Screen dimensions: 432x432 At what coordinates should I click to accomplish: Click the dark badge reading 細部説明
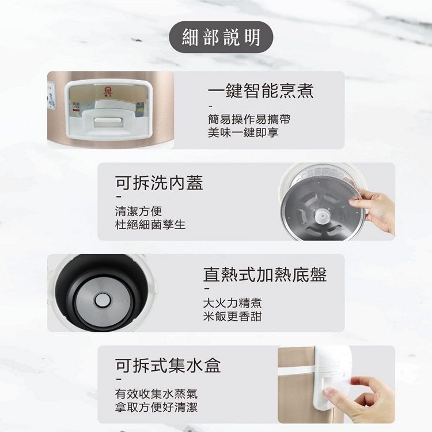[x=221, y=37]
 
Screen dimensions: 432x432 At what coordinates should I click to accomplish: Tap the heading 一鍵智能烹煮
[x=260, y=90]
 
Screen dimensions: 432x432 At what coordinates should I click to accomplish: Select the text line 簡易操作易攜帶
[x=249, y=119]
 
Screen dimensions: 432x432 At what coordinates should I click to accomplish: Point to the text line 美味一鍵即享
[x=243, y=132]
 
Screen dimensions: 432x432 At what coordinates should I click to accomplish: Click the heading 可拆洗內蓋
[x=159, y=183]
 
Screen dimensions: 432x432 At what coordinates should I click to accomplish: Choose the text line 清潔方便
[x=138, y=211]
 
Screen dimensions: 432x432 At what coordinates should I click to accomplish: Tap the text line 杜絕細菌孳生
[x=150, y=225]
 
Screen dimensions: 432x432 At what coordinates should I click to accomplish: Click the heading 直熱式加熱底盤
[x=265, y=274]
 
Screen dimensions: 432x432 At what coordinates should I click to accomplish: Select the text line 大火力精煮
[x=232, y=303]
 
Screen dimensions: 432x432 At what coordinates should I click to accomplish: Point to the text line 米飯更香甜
[x=232, y=316]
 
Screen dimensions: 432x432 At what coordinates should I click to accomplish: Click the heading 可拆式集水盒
[x=168, y=365]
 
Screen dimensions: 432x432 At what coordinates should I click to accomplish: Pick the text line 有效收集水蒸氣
[x=156, y=394]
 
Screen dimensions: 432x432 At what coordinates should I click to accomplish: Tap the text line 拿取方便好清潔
[x=156, y=407]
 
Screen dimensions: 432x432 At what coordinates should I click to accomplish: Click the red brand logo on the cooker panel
[x=108, y=92]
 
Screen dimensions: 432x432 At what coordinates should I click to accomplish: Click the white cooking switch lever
[x=108, y=121]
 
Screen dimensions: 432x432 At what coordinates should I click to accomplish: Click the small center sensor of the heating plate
[x=103, y=300]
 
